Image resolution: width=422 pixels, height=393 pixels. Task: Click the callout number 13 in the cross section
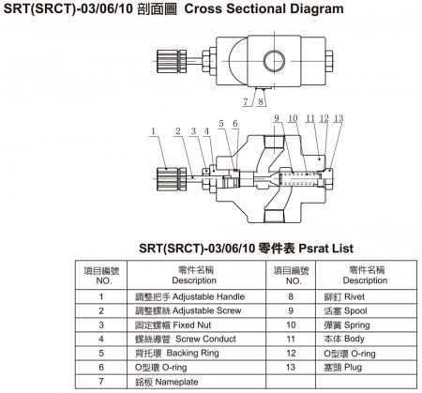point(339,119)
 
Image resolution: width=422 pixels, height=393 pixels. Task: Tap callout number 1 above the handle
point(153,131)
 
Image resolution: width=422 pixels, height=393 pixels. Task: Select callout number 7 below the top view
point(246,102)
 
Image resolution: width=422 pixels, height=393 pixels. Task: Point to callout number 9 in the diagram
point(277,118)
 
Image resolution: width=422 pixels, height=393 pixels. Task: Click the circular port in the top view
point(274,61)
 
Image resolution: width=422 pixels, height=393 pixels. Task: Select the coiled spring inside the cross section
point(299,180)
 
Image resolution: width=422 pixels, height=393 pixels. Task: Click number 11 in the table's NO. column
point(291,339)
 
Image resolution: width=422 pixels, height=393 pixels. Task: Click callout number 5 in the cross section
point(221,124)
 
